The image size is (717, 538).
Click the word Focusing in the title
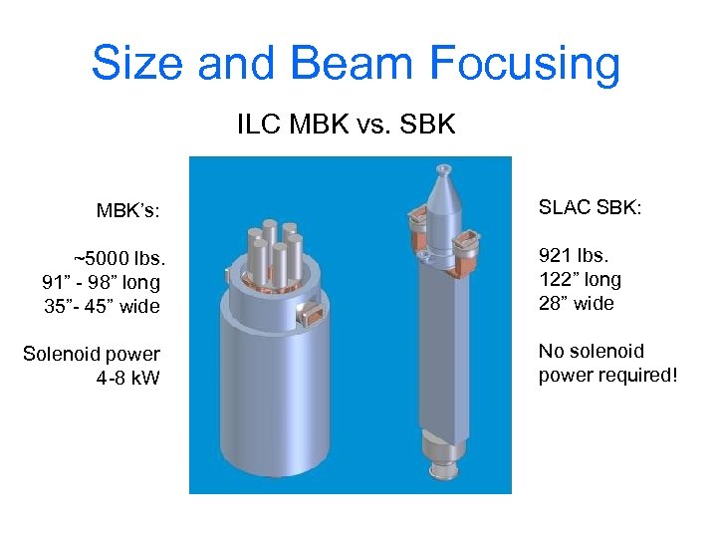525,64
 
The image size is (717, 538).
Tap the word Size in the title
137,62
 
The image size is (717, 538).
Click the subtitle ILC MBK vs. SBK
347,124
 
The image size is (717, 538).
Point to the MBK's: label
128,211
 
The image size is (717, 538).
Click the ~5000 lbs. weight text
119,258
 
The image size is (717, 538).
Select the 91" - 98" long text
101,283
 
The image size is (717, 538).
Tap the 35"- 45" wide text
102,306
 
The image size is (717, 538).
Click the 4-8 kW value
128,378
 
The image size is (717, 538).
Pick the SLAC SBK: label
590,207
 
